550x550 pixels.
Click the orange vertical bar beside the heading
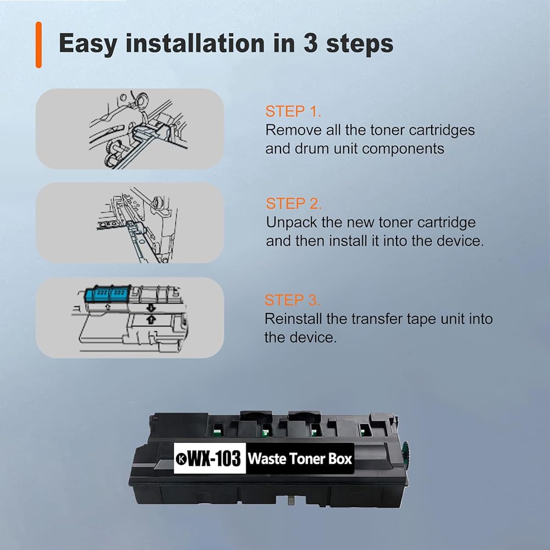tap(38, 45)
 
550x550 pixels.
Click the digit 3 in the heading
tap(311, 43)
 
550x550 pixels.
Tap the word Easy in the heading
tap(88, 44)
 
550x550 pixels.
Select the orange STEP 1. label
tap(293, 112)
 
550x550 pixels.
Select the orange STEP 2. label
tap(294, 204)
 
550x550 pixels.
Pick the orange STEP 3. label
tap(292, 300)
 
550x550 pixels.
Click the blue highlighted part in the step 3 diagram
tap(108, 294)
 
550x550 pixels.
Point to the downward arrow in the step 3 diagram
tap(151, 308)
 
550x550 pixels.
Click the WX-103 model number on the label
tap(215, 459)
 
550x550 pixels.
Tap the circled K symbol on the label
tap(181, 459)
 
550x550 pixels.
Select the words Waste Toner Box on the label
tap(300, 459)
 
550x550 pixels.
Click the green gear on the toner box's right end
tap(407, 455)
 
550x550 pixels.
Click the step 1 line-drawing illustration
tap(138, 129)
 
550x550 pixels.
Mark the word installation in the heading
tap(195, 43)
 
